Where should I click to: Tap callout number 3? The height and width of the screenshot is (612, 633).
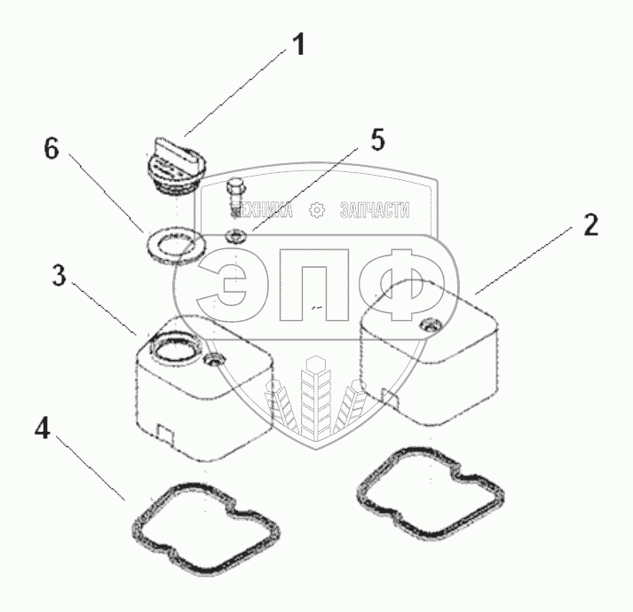(59, 275)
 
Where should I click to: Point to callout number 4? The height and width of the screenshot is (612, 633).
(41, 428)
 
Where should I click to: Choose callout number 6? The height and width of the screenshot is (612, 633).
(52, 149)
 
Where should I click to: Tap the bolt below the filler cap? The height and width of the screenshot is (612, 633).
(234, 197)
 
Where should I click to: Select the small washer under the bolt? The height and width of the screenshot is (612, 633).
(236, 237)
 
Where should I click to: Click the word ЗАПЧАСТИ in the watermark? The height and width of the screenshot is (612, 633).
(375, 210)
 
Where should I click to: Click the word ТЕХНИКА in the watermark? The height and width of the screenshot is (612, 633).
(263, 210)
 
